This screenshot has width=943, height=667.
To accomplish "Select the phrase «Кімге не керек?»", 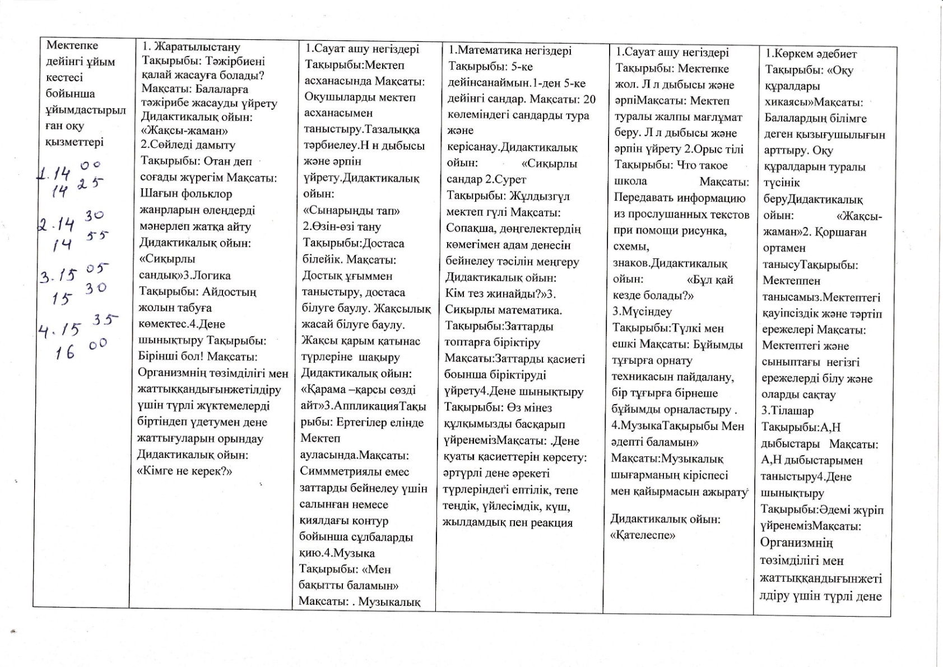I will [x=184, y=471].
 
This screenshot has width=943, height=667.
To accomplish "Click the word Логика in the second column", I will [x=212, y=275].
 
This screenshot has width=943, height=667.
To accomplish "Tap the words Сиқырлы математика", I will [x=503, y=310].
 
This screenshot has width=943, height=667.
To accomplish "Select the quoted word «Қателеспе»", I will [x=643, y=535].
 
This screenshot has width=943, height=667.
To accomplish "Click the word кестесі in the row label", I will [x=64, y=77].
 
